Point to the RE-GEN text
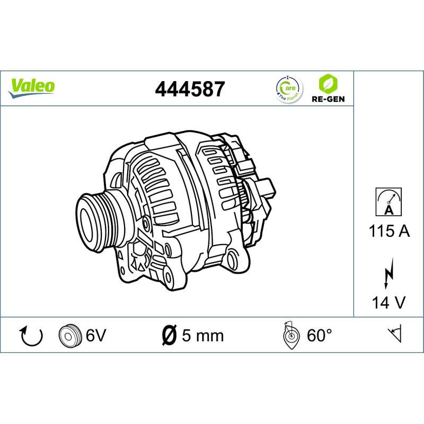(x=326, y=99)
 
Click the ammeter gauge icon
(x=388, y=202)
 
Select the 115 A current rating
(x=388, y=231)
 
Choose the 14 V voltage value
(x=388, y=303)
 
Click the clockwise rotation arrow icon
(x=30, y=335)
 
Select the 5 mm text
(x=203, y=335)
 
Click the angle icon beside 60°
(x=289, y=335)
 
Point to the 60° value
(x=319, y=335)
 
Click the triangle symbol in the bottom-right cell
(x=395, y=334)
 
